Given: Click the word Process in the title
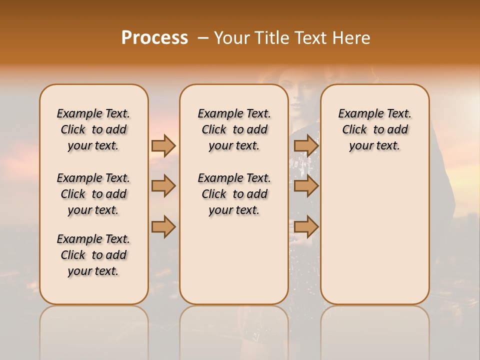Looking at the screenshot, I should [x=154, y=38].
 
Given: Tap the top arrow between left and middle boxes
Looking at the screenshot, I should [x=163, y=145].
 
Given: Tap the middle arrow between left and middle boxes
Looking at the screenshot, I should [x=163, y=186].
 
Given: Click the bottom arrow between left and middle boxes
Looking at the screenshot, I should [x=163, y=227].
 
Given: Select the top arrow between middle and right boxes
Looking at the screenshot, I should [x=306, y=145].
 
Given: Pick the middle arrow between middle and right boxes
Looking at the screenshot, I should [x=306, y=186].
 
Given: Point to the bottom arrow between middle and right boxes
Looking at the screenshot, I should [x=306, y=227].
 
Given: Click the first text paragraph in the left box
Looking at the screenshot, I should [x=93, y=129].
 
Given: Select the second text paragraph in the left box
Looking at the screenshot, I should [x=93, y=194].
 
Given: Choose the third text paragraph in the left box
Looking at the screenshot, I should [x=93, y=255].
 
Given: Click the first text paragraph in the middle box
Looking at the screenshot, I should [x=234, y=129].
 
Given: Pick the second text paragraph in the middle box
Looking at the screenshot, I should [x=234, y=194].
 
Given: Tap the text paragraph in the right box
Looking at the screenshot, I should [x=374, y=129].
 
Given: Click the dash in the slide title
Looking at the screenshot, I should [x=202, y=38].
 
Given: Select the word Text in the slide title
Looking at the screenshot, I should [x=308, y=38].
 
